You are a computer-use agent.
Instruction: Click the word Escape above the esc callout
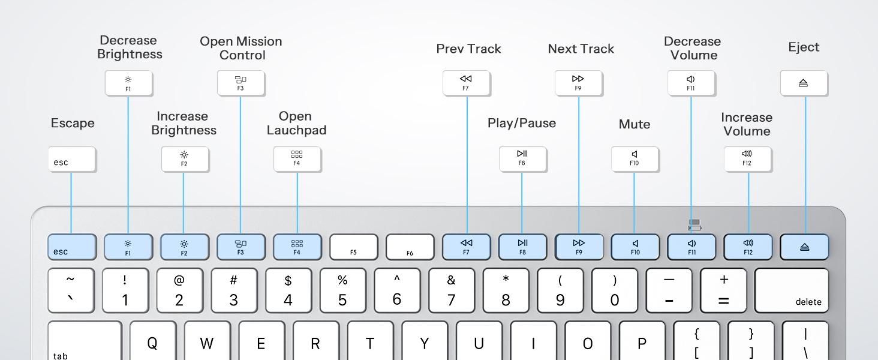(x=73, y=124)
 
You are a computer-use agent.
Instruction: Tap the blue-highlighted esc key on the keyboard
(x=72, y=247)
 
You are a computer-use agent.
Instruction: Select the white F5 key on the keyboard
(x=354, y=247)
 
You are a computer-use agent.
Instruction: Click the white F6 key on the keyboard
(x=410, y=247)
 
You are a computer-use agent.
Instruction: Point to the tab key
(x=85, y=342)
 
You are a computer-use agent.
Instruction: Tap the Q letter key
(x=152, y=342)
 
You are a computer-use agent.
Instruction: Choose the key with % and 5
(x=342, y=291)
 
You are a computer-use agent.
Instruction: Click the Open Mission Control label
(x=241, y=48)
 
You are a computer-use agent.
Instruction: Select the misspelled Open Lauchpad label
(x=296, y=123)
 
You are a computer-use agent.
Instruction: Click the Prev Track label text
(x=468, y=49)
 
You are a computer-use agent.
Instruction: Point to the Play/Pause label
(x=522, y=124)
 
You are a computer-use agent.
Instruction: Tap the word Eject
(x=804, y=47)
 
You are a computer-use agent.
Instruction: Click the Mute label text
(x=635, y=124)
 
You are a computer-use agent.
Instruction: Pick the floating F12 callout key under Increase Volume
(x=747, y=159)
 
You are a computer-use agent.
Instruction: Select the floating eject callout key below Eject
(x=804, y=83)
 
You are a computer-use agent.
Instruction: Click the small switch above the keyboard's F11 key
(x=694, y=225)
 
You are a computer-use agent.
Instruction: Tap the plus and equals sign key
(x=723, y=291)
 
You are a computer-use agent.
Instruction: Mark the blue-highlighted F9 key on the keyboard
(x=579, y=247)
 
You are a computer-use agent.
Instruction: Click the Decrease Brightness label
(x=130, y=47)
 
